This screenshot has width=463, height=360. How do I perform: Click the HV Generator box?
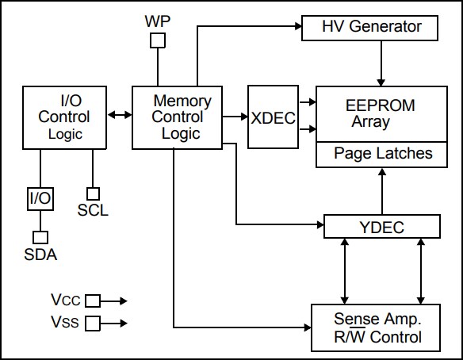pyautogui.click(x=370, y=28)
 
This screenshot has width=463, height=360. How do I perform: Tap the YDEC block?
pyautogui.click(x=381, y=228)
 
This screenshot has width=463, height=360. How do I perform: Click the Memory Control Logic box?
pyautogui.click(x=182, y=117)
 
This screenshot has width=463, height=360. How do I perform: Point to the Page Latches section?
pyautogui.click(x=383, y=154)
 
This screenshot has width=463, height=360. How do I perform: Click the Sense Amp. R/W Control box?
pyautogui.click(x=376, y=327)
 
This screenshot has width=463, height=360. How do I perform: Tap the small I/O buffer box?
pyautogui.click(x=40, y=197)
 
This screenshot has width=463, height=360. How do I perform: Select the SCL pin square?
pyautogui.click(x=93, y=193)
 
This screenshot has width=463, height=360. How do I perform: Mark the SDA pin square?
pyautogui.click(x=40, y=236)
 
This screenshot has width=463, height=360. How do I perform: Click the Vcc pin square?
pyautogui.click(x=93, y=301)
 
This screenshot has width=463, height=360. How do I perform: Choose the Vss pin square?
pyautogui.click(x=93, y=323)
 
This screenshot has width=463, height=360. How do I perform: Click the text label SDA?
pyautogui.click(x=40, y=255)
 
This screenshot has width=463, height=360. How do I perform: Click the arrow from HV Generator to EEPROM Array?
pyautogui.click(x=381, y=63)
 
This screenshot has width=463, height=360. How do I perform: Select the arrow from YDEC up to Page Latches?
pyautogui.click(x=381, y=190)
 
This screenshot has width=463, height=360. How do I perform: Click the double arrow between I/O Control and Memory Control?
pyautogui.click(x=120, y=115)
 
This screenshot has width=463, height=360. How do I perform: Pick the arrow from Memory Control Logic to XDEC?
pyautogui.click(x=236, y=117)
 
